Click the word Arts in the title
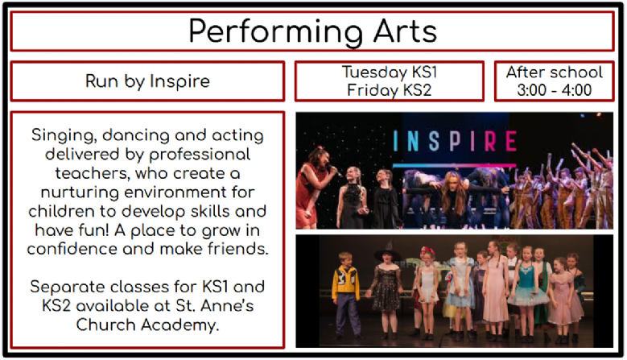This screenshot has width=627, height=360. point(405,31)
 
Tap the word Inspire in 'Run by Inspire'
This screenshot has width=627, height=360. point(179,82)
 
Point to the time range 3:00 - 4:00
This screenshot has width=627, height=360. point(555,90)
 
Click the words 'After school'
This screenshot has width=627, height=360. point(555,72)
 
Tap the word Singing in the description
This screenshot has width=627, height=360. point(64,135)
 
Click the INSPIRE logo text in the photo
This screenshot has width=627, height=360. point(455,141)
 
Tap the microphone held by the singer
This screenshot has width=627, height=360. point(334,171)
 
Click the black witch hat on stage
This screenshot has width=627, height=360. point(387,252)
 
